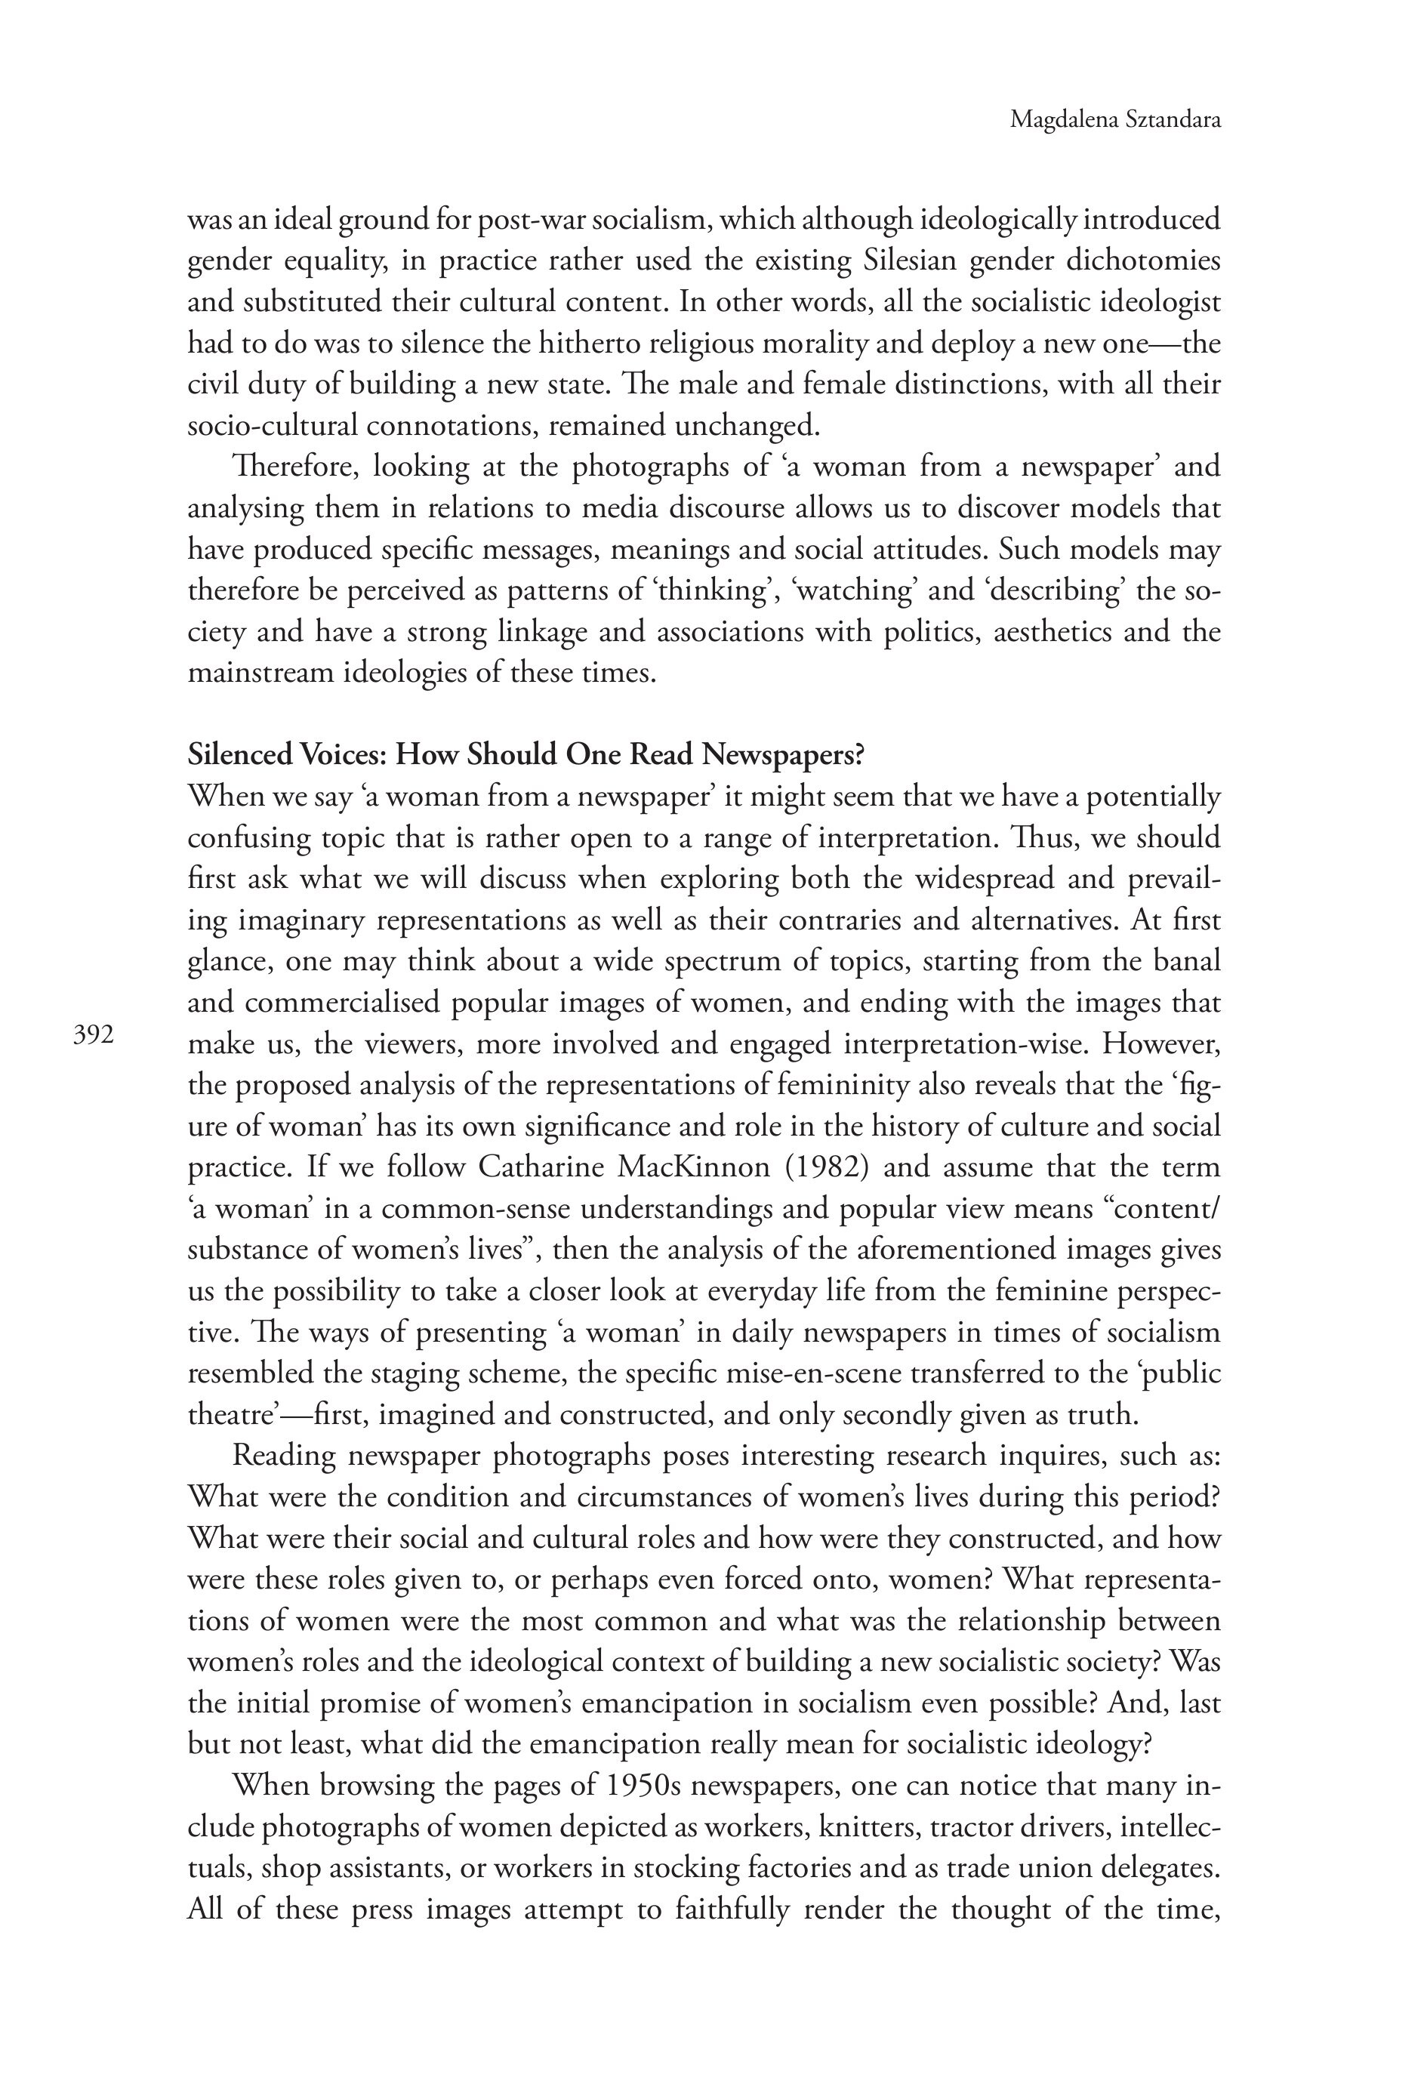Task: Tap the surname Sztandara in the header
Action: point(1173,120)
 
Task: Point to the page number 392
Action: point(93,1035)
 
